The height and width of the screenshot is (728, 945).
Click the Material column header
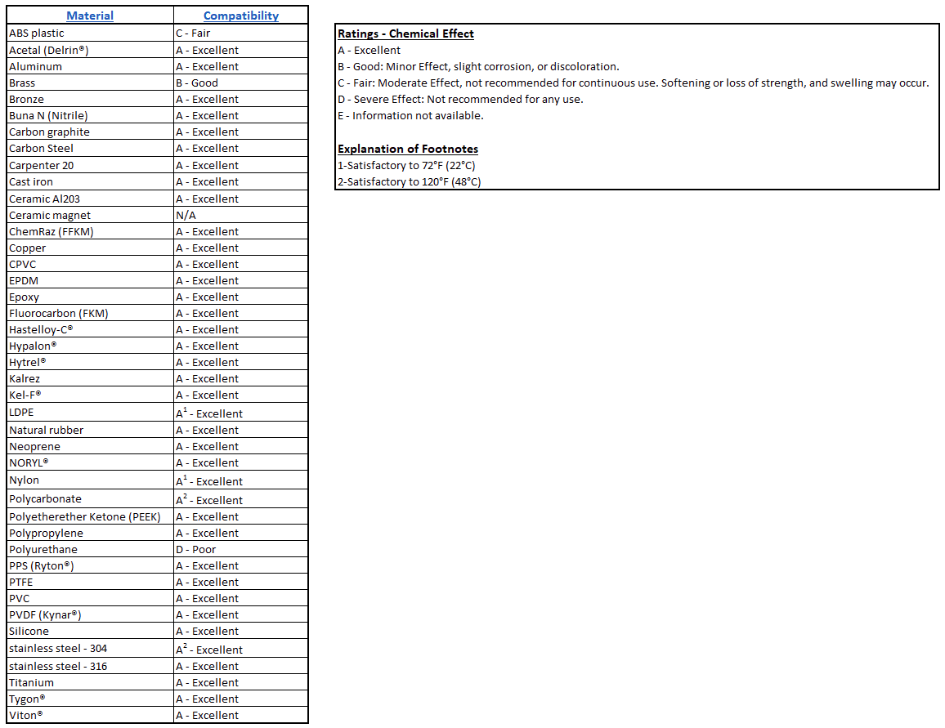90,16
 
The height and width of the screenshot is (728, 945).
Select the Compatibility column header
240,16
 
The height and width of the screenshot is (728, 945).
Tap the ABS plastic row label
37,33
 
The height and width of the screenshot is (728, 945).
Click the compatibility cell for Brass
197,83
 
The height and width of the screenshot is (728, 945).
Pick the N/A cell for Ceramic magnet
186,215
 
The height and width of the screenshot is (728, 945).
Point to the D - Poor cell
196,549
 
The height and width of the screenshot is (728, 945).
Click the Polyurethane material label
43,549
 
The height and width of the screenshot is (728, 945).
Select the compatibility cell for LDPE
209,413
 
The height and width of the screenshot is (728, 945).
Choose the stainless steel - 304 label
58,648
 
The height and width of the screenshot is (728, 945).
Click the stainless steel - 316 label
58,666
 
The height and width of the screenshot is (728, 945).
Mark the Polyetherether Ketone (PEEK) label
85,516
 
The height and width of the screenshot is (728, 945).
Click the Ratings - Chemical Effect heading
405,33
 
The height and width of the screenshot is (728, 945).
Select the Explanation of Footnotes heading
408,149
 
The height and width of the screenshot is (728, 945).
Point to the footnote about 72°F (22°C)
406,165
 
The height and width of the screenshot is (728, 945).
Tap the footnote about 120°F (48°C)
409,181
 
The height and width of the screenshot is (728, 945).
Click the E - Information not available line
410,115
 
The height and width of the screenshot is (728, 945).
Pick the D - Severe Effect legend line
472,99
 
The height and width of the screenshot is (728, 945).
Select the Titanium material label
32,682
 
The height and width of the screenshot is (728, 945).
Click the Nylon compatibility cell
209,481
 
